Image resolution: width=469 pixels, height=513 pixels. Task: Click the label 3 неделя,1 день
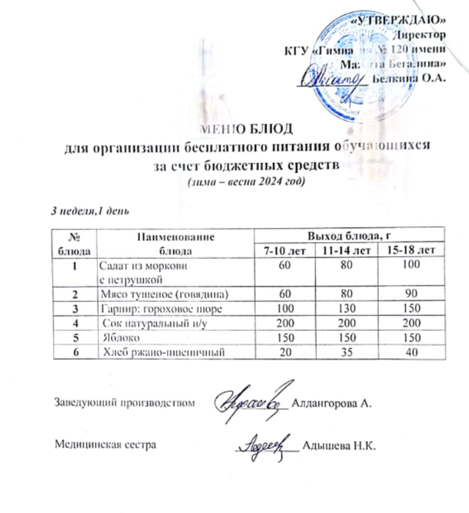point(93,211)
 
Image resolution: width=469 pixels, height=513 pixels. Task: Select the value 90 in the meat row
point(412,293)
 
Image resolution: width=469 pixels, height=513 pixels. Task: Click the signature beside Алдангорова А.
point(252,399)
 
